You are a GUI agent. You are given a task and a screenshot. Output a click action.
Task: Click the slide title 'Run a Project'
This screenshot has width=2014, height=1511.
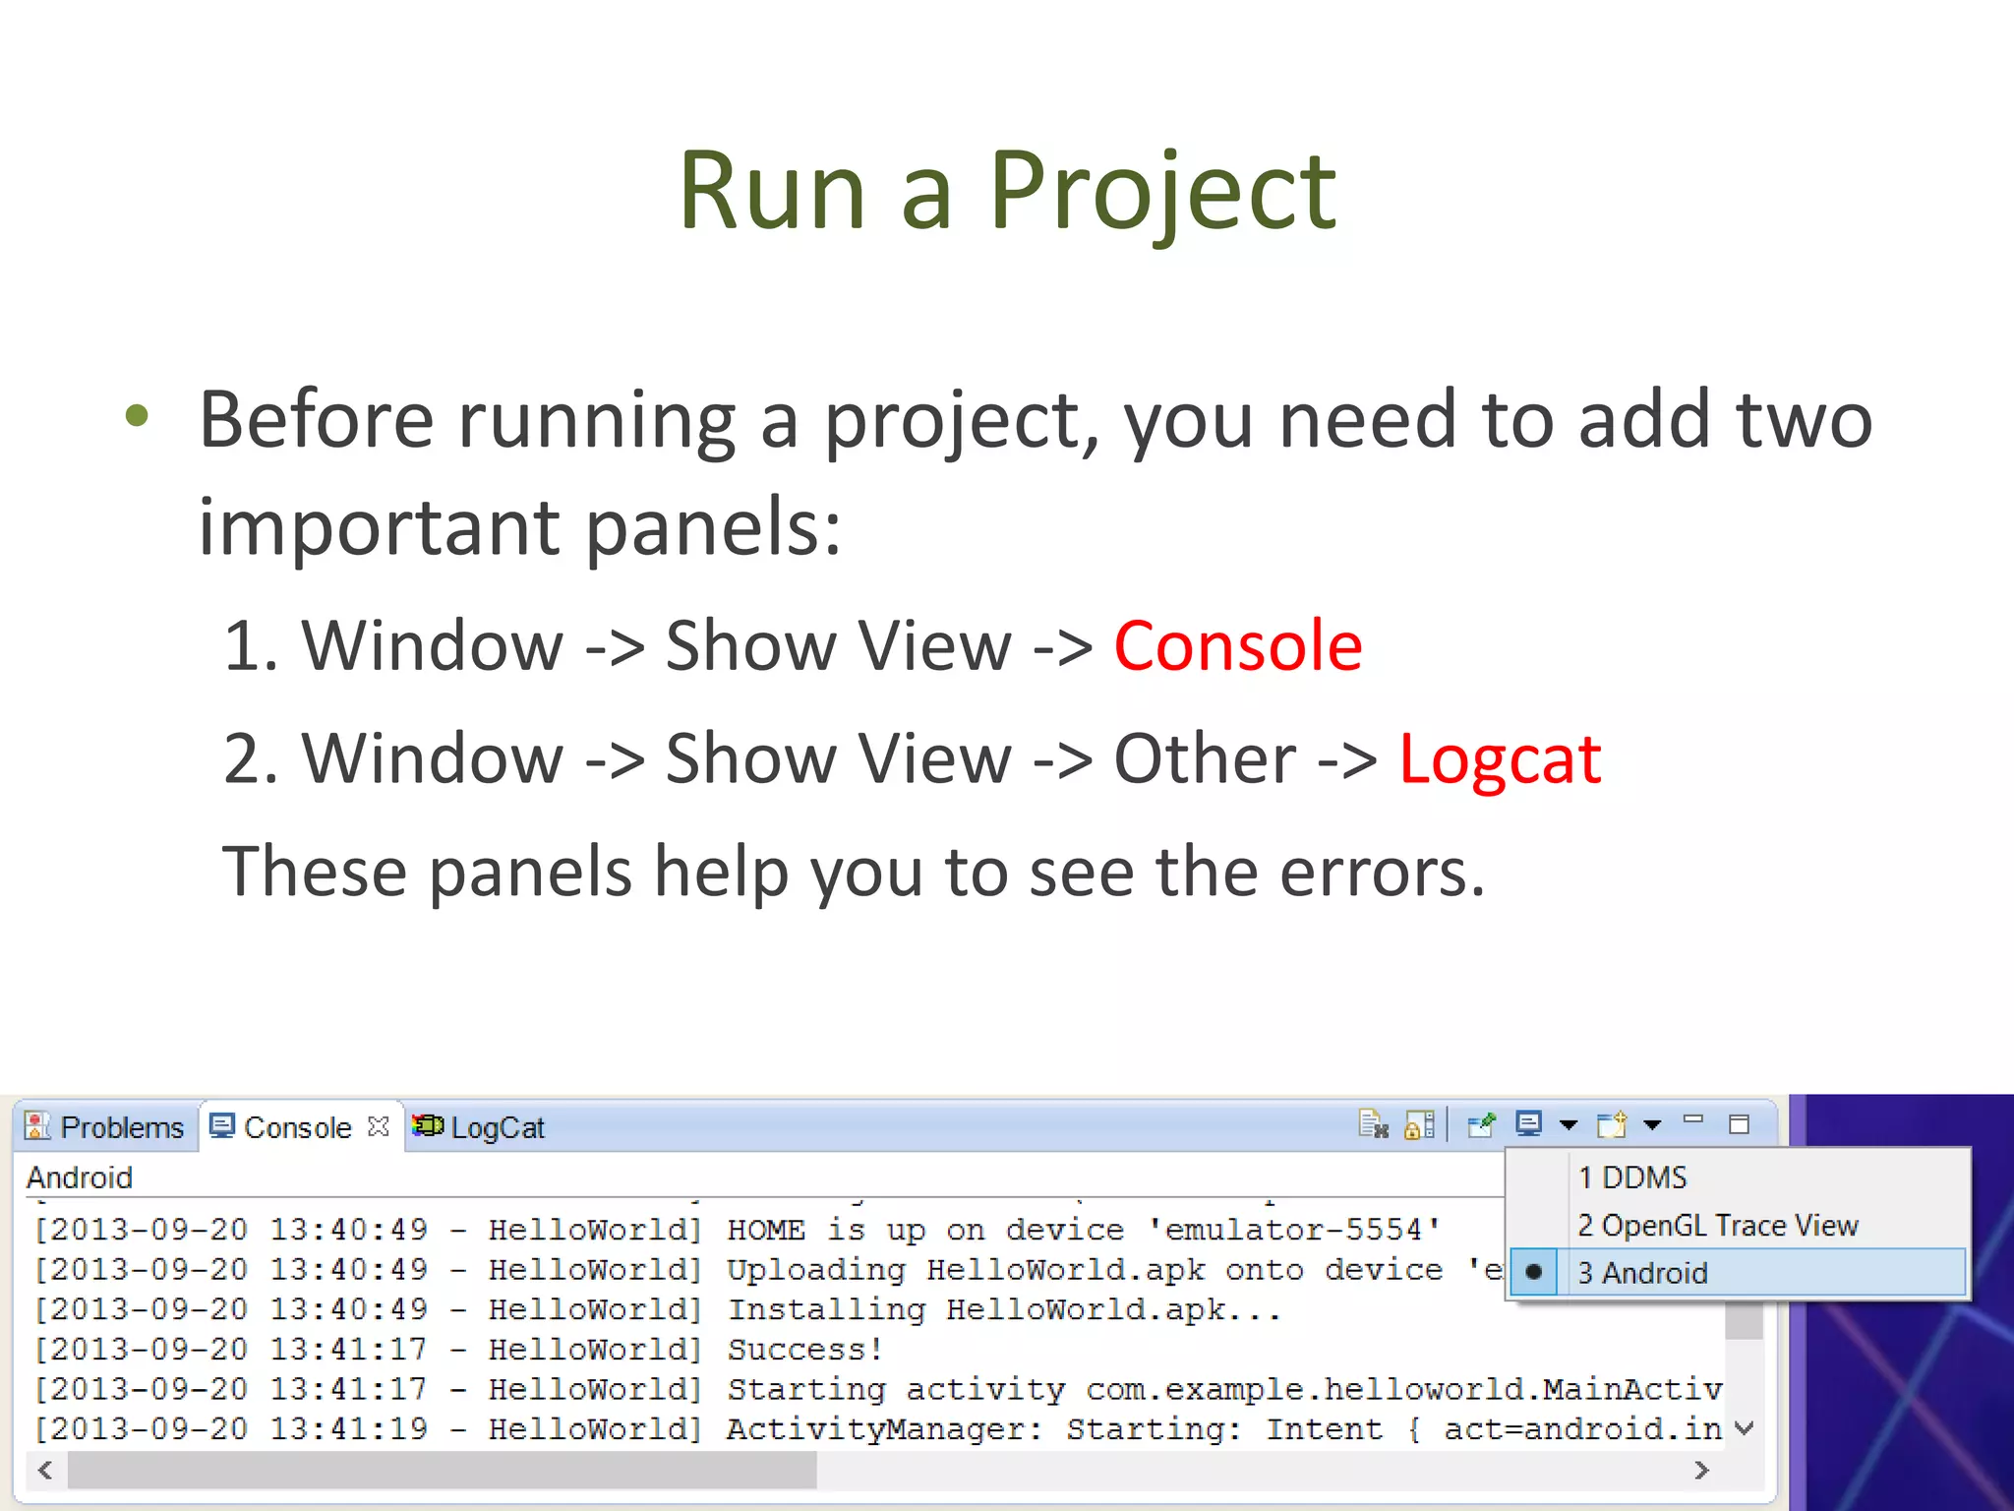[1007, 191]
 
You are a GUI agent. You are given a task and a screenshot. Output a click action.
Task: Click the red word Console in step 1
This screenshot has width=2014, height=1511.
[1237, 646]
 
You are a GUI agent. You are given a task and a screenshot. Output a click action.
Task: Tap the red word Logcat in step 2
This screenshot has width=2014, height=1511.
[1500, 759]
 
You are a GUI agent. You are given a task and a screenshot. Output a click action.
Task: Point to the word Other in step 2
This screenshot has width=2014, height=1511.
[1205, 759]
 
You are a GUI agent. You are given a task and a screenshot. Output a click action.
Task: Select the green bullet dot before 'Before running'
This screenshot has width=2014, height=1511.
[137, 416]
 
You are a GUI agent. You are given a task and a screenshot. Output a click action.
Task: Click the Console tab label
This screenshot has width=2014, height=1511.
[296, 1127]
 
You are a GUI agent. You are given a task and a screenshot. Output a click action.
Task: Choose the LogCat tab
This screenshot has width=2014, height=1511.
[497, 1127]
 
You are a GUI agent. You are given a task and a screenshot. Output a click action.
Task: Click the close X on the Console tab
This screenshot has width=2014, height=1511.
[379, 1126]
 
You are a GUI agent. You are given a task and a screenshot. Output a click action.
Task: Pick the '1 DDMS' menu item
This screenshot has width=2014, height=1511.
[1632, 1178]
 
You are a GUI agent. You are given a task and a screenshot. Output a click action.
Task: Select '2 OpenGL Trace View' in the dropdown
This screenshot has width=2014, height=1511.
[1717, 1226]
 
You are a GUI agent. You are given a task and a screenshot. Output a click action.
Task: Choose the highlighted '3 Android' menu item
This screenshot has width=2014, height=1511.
[1642, 1273]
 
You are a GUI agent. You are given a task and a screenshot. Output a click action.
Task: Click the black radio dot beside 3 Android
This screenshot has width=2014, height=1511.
[1533, 1272]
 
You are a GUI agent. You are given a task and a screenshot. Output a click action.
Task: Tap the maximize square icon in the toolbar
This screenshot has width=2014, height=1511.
[1739, 1124]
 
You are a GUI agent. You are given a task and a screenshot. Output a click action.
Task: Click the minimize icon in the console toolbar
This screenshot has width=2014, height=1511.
[1692, 1120]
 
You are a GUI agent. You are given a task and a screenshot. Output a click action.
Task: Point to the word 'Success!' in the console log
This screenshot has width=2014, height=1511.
[804, 1350]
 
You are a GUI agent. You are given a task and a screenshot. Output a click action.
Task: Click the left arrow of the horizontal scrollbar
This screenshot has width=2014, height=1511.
[45, 1470]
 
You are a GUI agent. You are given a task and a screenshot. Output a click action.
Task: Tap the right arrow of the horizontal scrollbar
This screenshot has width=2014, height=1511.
[1702, 1470]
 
